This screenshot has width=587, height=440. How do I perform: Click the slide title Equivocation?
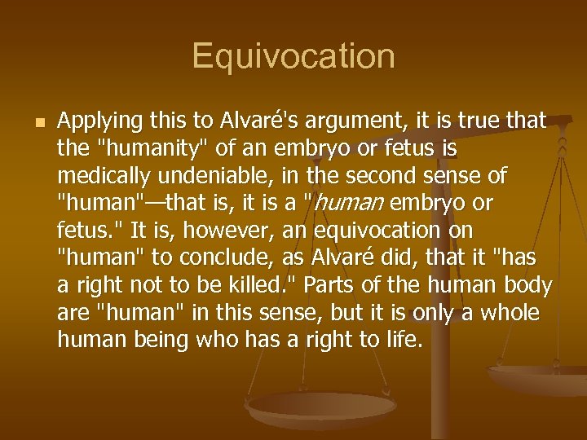pos(293,57)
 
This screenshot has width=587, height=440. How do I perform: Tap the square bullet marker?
pos(33,121)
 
